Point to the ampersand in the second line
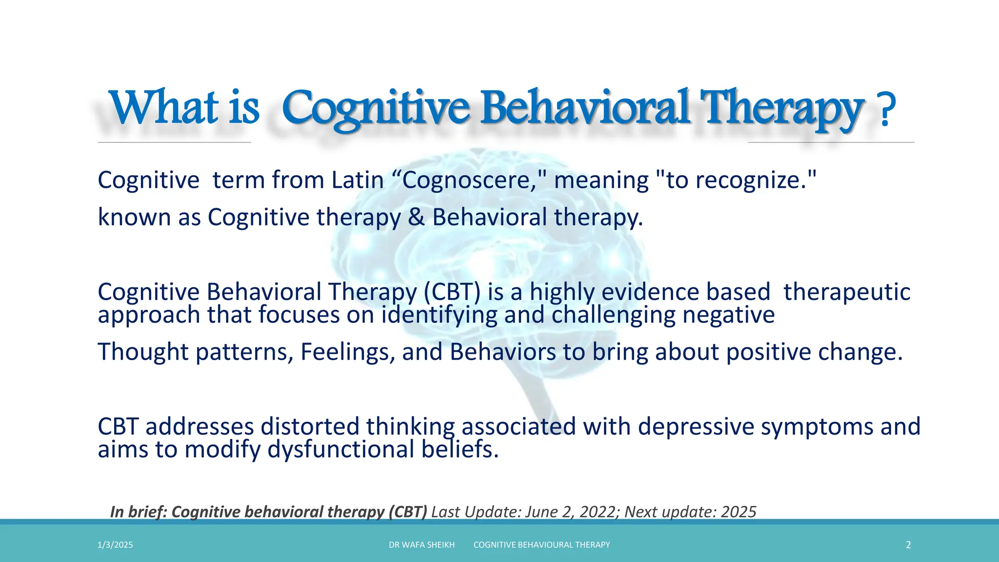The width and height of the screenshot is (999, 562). (416, 218)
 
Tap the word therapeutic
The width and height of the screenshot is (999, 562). (847, 292)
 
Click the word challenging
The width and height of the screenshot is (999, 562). (613, 315)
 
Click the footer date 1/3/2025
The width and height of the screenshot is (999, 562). (115, 545)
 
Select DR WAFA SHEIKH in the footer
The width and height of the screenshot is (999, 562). (421, 545)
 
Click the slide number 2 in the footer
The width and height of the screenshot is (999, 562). (908, 545)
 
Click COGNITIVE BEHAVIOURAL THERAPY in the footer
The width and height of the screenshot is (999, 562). (541, 545)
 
